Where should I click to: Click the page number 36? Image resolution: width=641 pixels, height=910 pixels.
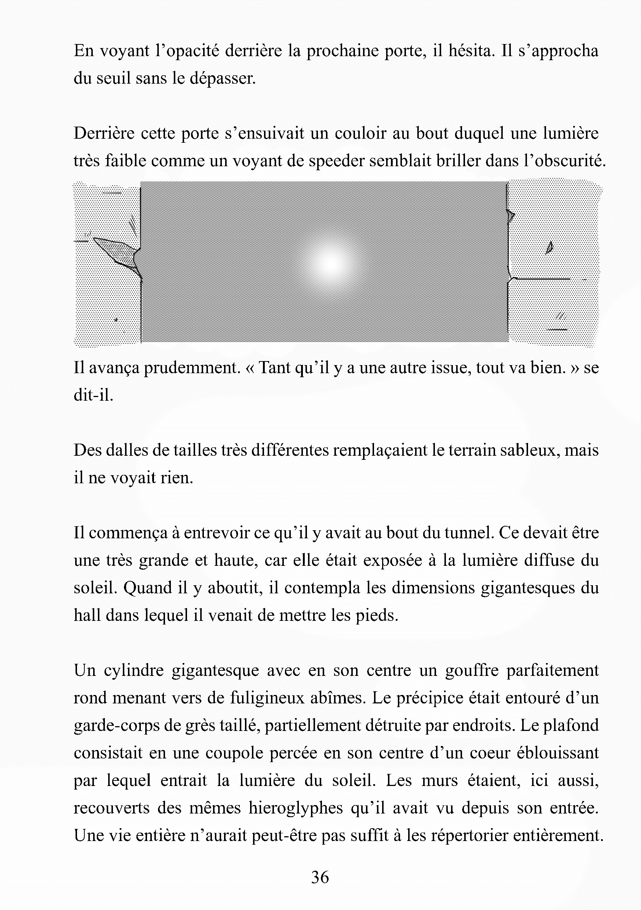[x=320, y=877]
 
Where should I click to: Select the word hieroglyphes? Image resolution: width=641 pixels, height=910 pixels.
[x=296, y=808]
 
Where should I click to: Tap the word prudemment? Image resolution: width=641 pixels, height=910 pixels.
[x=192, y=368]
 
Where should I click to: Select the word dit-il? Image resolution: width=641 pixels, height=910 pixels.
[x=94, y=395]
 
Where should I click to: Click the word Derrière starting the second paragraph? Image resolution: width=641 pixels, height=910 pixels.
[x=103, y=134]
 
